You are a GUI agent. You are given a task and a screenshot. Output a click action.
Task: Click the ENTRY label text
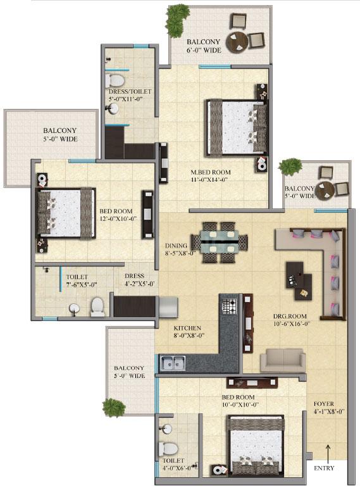click(x=324, y=468)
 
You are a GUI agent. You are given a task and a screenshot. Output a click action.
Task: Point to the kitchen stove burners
click(x=229, y=309)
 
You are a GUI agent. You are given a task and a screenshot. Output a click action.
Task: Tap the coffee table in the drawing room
click(x=298, y=279)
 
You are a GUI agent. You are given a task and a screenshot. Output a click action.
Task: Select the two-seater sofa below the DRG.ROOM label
click(x=283, y=360)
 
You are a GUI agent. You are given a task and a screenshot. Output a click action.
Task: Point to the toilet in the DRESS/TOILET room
click(x=115, y=80)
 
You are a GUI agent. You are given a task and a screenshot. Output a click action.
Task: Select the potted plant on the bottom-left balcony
click(x=114, y=406)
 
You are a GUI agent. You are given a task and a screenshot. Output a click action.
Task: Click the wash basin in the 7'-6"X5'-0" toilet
click(x=74, y=310)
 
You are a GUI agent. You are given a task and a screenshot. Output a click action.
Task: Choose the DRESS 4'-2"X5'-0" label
click(x=134, y=280)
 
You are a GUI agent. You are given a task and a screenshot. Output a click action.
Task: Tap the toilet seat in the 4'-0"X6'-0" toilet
click(x=166, y=447)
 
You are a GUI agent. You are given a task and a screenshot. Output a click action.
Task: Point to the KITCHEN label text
click(x=188, y=329)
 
